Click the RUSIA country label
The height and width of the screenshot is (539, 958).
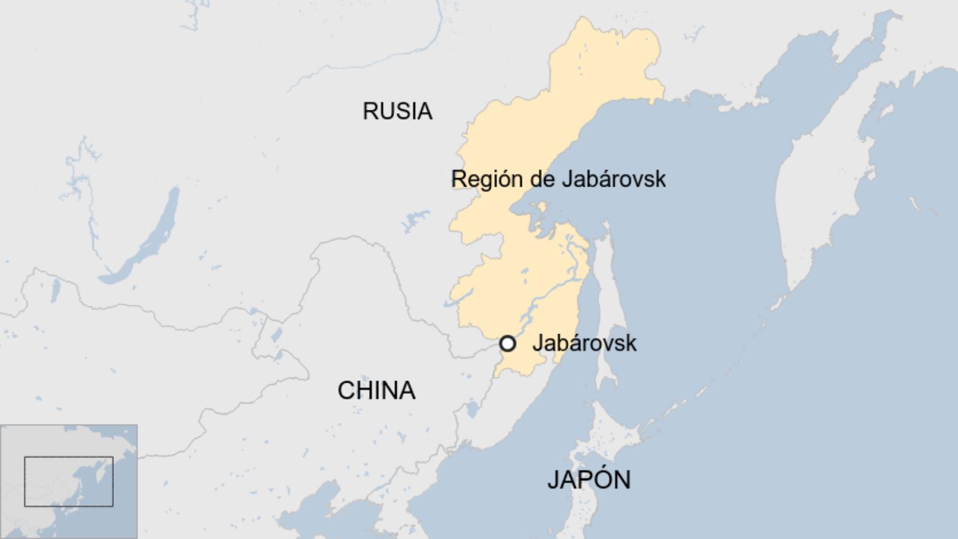click(x=397, y=111)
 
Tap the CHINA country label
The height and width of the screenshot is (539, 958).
click(x=376, y=390)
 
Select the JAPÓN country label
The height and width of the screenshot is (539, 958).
click(x=589, y=480)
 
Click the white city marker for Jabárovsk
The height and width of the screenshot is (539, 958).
click(x=508, y=343)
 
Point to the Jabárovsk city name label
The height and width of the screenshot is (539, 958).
click(x=584, y=343)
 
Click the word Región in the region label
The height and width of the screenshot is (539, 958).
click(x=487, y=179)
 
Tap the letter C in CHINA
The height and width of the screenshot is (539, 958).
click(x=346, y=390)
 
